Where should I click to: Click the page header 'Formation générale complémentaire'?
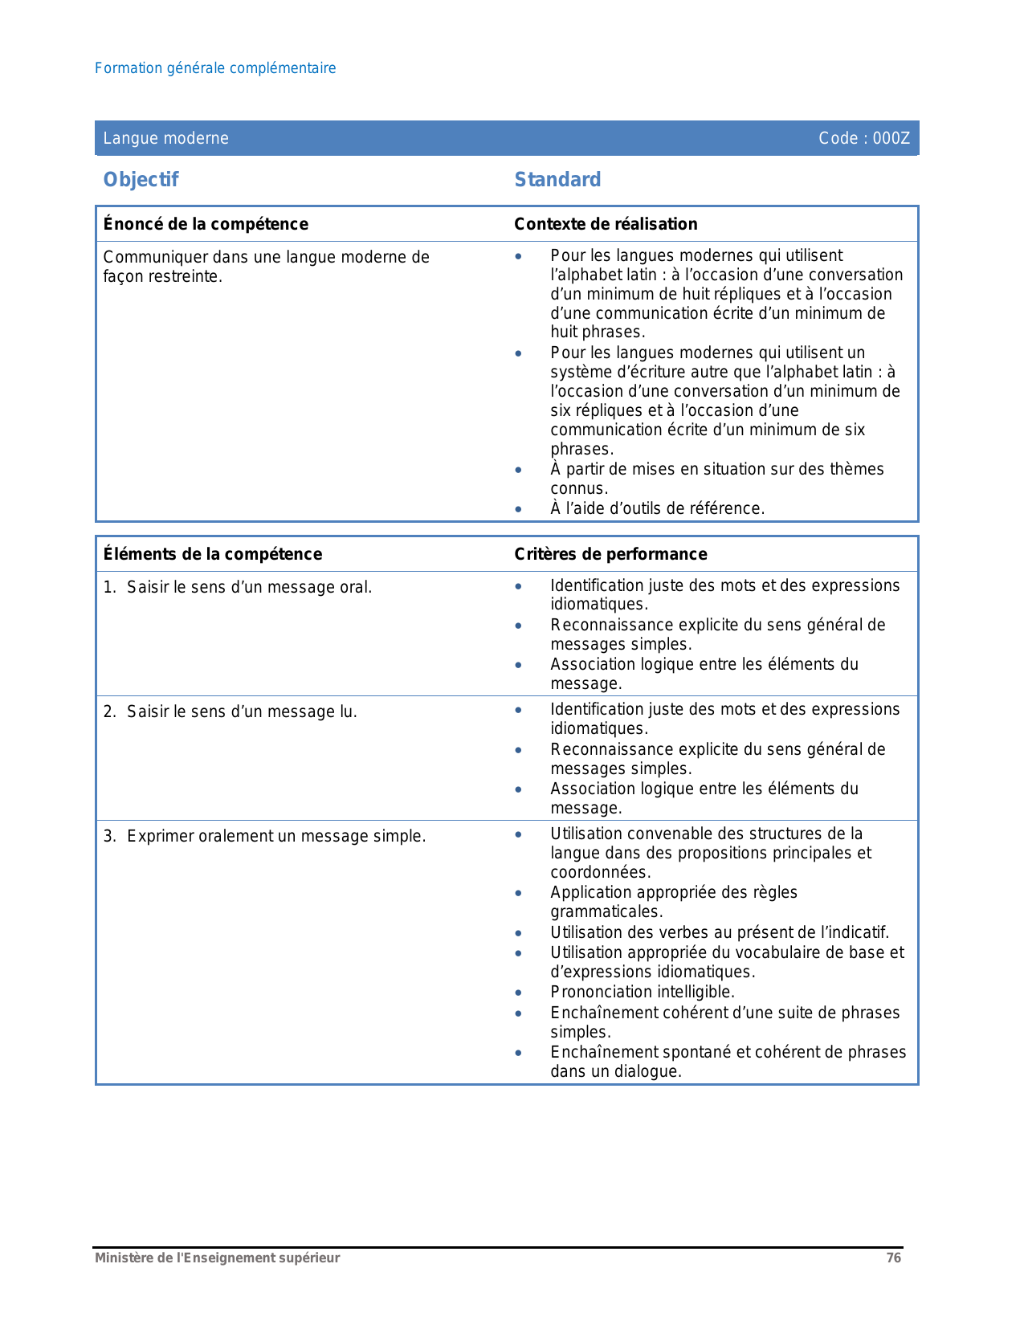(215, 68)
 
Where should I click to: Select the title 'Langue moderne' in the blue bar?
(166, 138)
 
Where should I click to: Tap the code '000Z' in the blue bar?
(891, 138)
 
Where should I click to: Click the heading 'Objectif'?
(141, 180)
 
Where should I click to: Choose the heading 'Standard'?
(557, 180)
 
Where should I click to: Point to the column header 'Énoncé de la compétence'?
(206, 224)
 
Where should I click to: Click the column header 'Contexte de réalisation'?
(606, 224)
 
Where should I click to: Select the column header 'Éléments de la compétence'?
(213, 554)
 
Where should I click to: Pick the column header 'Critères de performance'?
(610, 554)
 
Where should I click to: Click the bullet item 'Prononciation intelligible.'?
(643, 993)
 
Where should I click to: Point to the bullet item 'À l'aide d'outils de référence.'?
(657, 508)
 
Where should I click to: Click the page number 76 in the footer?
(894, 1258)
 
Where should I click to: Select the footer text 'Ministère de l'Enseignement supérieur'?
(218, 1258)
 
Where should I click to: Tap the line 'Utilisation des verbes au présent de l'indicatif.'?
(720, 933)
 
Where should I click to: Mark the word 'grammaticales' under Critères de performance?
(606, 912)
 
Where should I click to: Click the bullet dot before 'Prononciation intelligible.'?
(519, 993)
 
